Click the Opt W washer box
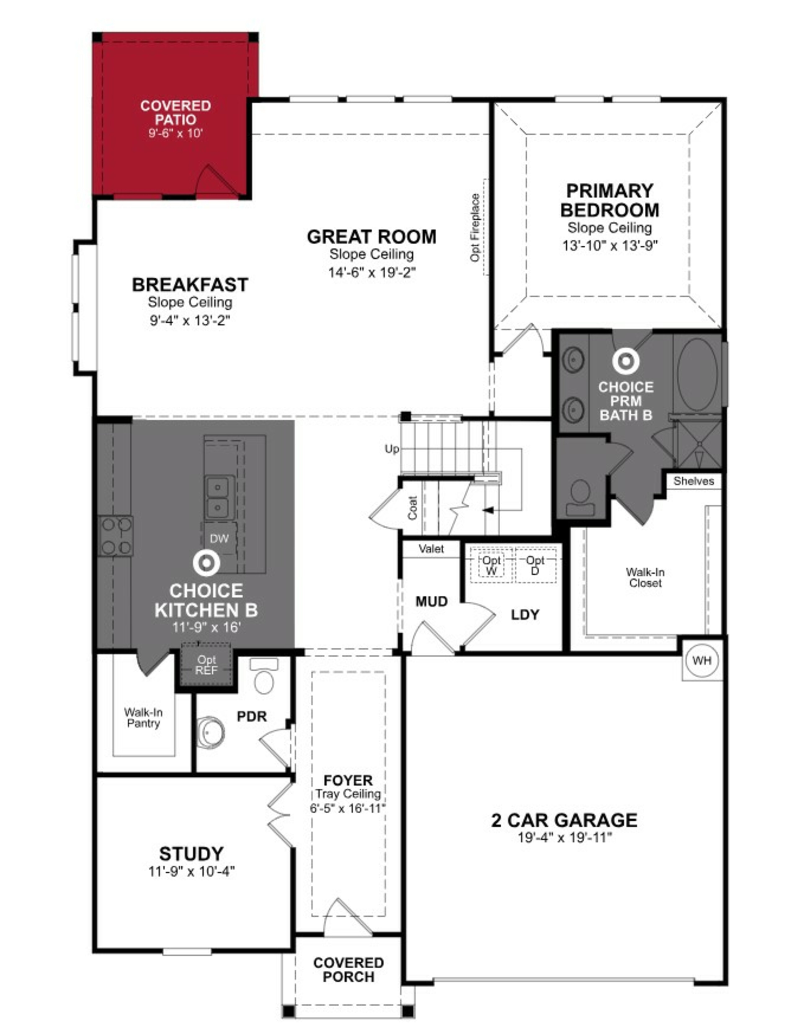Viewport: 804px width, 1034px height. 492,565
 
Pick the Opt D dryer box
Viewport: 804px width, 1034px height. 535,565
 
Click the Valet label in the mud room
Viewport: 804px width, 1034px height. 431,549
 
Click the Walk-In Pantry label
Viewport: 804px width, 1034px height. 143,718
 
